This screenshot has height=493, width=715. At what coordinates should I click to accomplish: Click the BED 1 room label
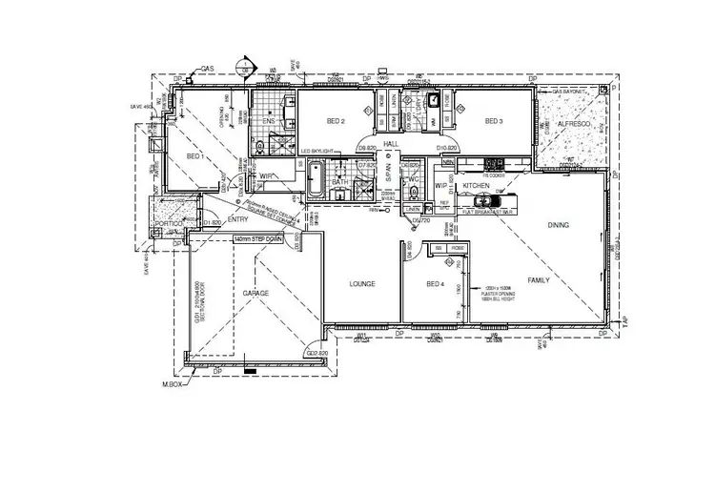point(194,155)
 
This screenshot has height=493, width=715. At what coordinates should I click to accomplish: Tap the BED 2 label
point(335,122)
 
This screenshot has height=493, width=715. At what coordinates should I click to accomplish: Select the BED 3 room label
point(493,122)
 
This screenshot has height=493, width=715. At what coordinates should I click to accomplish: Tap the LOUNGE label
point(361,284)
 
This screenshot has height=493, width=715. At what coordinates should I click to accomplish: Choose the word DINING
point(559,225)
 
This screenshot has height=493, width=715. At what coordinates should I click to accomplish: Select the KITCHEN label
point(476,186)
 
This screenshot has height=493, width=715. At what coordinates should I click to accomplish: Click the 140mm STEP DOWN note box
point(263,240)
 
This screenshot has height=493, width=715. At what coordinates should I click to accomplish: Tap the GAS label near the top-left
point(205,70)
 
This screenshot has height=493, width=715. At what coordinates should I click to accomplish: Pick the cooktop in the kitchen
point(493,163)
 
